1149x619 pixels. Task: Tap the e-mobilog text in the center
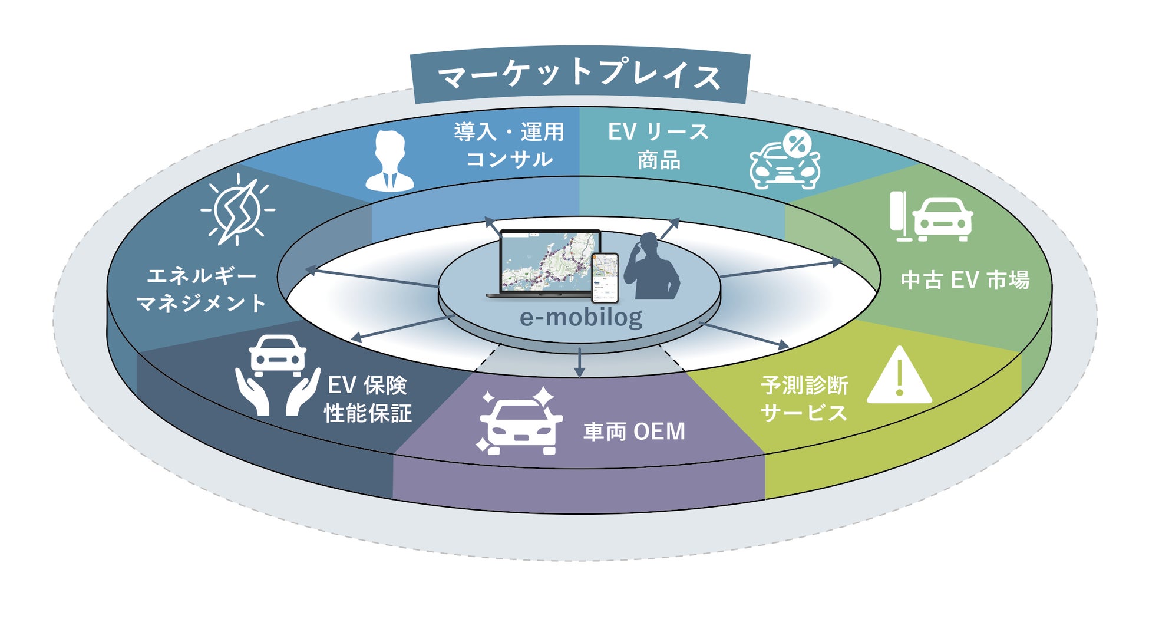click(x=581, y=318)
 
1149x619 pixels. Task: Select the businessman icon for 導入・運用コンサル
click(x=389, y=160)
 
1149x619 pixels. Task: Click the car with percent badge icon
click(x=784, y=160)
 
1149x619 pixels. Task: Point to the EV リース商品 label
click(x=658, y=146)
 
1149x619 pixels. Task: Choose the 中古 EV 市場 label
click(x=965, y=280)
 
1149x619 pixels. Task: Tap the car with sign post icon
click(x=930, y=217)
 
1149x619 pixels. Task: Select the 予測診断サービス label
click(x=804, y=399)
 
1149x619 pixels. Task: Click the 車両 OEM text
click(x=634, y=432)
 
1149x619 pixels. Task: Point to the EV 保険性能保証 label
click(x=367, y=399)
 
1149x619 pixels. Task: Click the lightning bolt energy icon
click(x=237, y=210)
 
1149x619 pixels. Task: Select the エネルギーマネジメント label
click(x=201, y=289)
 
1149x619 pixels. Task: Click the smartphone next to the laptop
click(x=605, y=277)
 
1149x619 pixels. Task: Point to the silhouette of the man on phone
click(x=651, y=268)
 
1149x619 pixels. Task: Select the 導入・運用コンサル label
click(x=509, y=146)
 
